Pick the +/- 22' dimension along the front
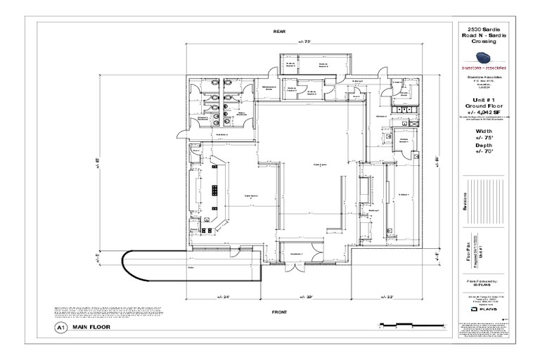point(386,297)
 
